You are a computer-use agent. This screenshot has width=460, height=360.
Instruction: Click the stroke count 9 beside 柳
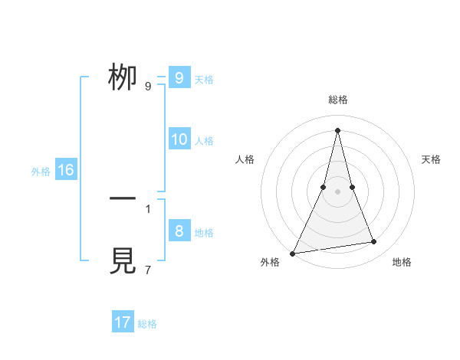pyautogui.click(x=147, y=86)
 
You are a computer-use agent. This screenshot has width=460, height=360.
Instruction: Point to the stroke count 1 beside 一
pyautogui.click(x=147, y=208)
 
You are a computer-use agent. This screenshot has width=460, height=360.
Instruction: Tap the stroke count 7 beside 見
pyautogui.click(x=147, y=270)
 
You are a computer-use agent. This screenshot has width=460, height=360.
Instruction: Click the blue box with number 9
pyautogui.click(x=179, y=78)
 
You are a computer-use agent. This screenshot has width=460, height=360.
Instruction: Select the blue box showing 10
pyautogui.click(x=179, y=139)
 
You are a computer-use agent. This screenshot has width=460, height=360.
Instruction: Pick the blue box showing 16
pyautogui.click(x=65, y=170)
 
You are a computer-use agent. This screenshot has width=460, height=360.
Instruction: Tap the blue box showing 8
pyautogui.click(x=179, y=231)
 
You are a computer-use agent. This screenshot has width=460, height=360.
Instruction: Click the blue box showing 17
pyautogui.click(x=123, y=322)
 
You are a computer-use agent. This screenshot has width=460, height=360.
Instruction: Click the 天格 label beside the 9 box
pyautogui.click(x=204, y=79)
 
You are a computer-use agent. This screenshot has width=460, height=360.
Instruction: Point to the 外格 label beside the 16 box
pyautogui.click(x=41, y=172)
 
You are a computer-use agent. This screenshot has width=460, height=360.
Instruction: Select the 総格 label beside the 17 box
pyautogui.click(x=147, y=324)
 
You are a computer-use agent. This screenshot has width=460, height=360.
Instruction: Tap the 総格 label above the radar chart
pyautogui.click(x=337, y=100)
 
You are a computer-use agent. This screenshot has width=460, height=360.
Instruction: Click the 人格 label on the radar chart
pyautogui.click(x=245, y=159)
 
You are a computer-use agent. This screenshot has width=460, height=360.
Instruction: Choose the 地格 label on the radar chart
pyautogui.click(x=402, y=262)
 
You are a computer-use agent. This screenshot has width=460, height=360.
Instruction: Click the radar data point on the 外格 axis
pyautogui.click(x=293, y=253)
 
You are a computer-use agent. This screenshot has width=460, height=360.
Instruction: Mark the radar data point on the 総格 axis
pyautogui.click(x=337, y=129)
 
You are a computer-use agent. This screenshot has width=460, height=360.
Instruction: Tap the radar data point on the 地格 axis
pyautogui.click(x=374, y=242)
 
